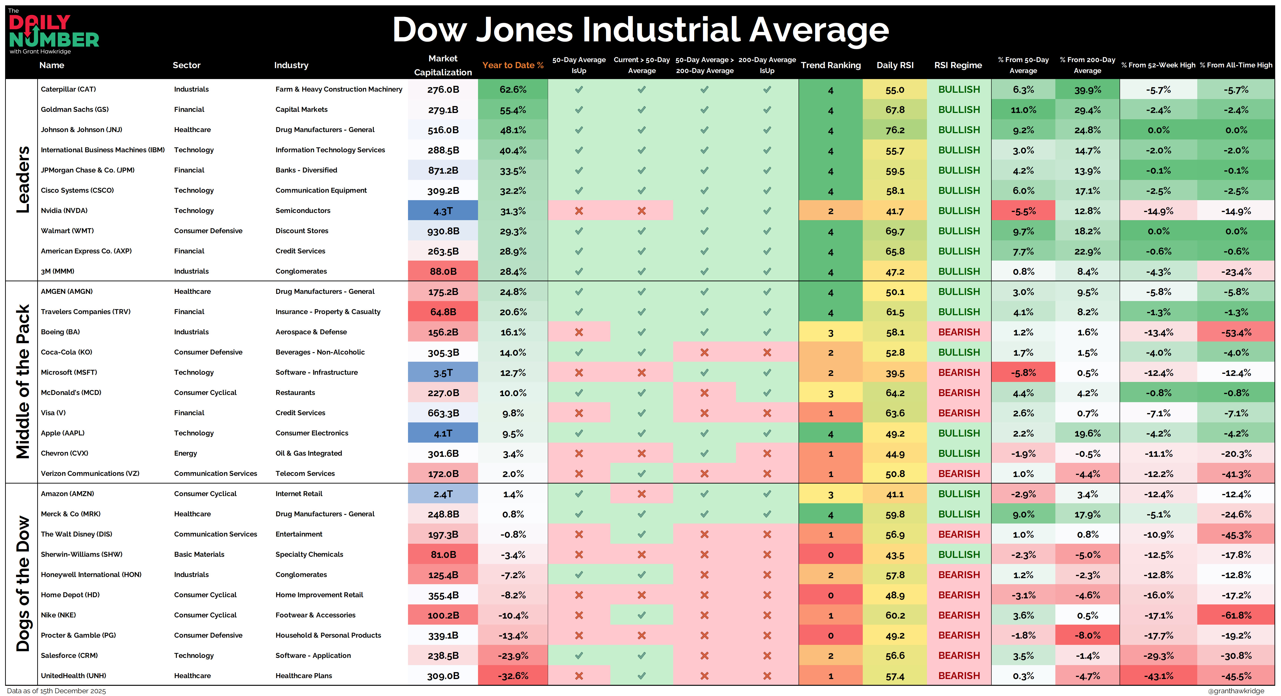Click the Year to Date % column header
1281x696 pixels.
pyautogui.click(x=513, y=65)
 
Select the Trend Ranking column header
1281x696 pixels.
pyautogui.click(x=830, y=65)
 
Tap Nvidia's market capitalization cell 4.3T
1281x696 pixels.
pyautogui.click(x=443, y=211)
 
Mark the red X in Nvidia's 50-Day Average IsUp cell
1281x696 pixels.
pyautogui.click(x=579, y=211)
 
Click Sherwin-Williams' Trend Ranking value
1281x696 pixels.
pyautogui.click(x=830, y=555)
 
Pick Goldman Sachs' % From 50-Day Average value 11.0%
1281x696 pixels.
pyautogui.click(x=1023, y=110)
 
